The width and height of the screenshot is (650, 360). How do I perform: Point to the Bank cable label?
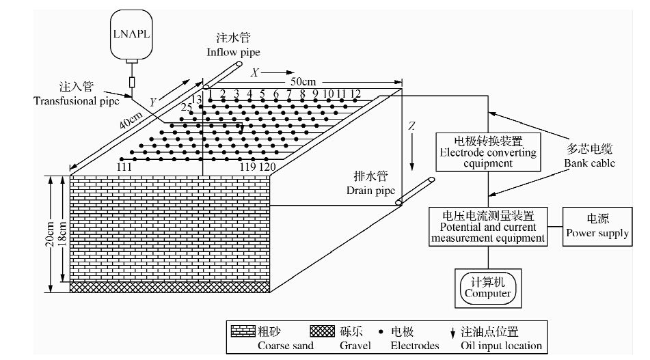coord(589,156)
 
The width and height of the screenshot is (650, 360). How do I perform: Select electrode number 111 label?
coord(124,167)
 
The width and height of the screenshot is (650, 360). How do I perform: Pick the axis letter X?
coord(255,72)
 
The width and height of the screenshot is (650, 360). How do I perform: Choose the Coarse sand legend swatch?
coord(243,332)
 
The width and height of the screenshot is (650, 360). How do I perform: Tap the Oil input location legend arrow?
coord(454,333)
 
